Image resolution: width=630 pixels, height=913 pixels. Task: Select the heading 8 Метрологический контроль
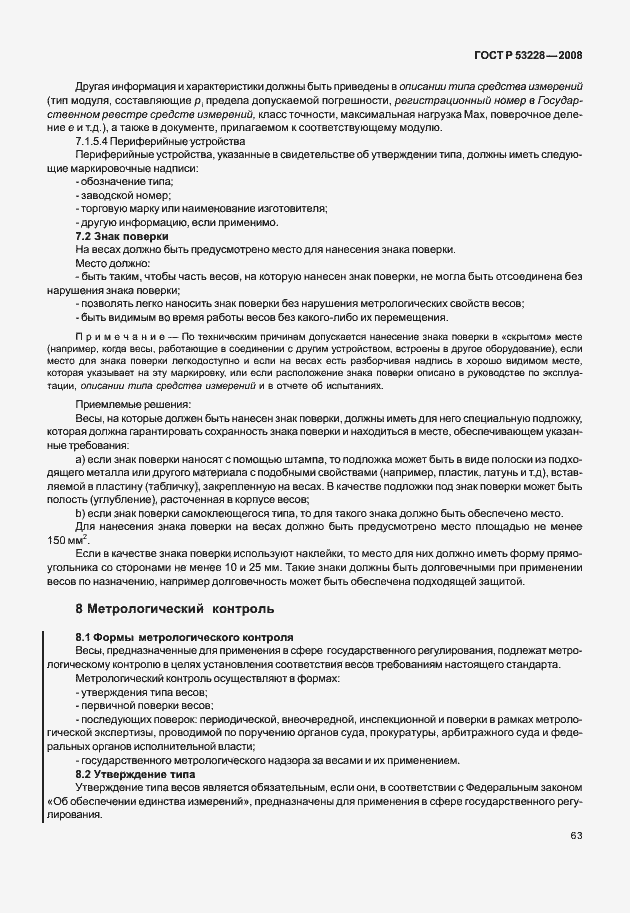click(x=179, y=608)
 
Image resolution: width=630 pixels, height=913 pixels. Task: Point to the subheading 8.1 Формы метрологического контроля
click(x=184, y=637)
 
